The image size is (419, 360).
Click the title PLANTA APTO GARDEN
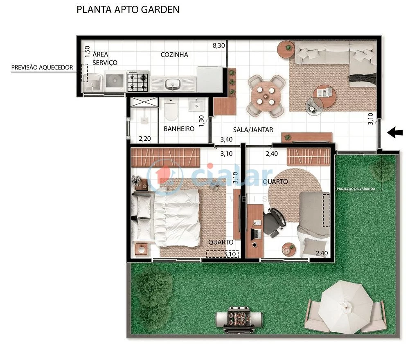(x=128, y=9)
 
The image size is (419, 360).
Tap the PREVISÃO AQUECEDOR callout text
(x=42, y=67)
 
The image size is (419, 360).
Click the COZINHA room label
(x=174, y=54)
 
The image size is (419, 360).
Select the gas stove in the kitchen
(x=138, y=81)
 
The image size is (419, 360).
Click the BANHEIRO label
(x=179, y=129)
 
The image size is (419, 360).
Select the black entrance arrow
(x=395, y=132)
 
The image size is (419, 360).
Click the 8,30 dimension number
(x=219, y=45)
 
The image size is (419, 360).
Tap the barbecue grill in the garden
(x=239, y=317)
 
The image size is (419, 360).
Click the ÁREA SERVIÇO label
(x=105, y=58)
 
